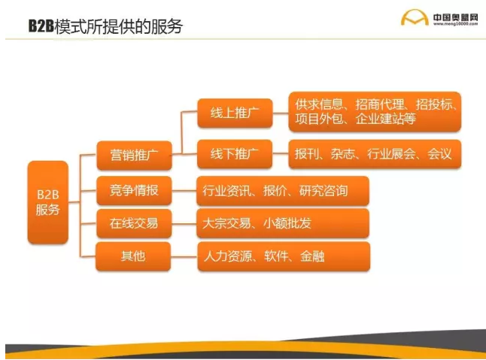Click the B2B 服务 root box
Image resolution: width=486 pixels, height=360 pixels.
point(47,201)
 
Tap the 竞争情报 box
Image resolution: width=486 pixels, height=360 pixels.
point(134,191)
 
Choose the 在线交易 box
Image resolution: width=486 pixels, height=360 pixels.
point(134,223)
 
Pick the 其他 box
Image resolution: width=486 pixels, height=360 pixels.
point(134,256)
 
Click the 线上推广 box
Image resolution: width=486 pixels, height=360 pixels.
point(234,114)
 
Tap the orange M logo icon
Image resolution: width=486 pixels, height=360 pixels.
point(414,19)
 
